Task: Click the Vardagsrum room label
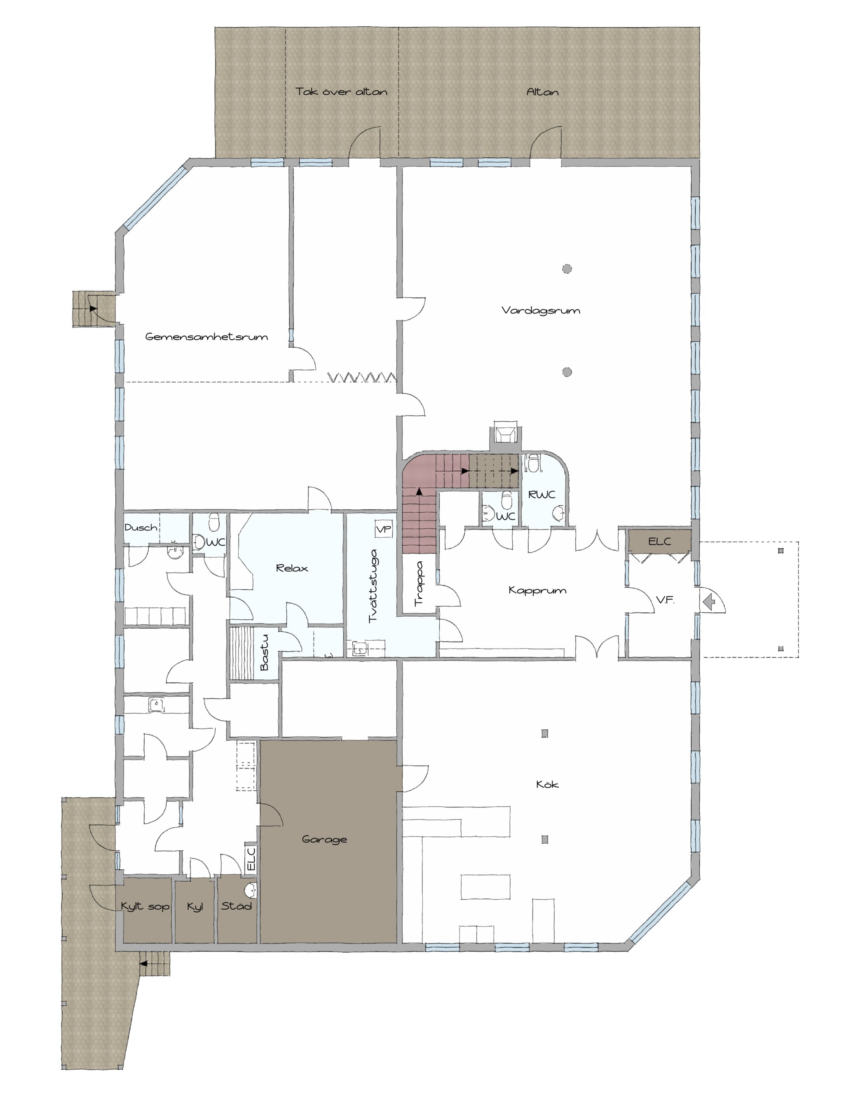[541, 310]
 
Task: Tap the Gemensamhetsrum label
[206, 336]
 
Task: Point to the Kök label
[547, 784]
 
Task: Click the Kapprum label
[537, 591]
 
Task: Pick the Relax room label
[292, 568]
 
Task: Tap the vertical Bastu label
[264, 653]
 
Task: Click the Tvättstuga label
[373, 586]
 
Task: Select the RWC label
[542, 495]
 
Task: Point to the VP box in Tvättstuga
[384, 529]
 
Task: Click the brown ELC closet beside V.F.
[659, 541]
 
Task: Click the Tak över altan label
[341, 91]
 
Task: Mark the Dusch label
[141, 527]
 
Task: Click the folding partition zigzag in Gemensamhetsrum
[362, 376]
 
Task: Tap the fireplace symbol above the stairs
[505, 433]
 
